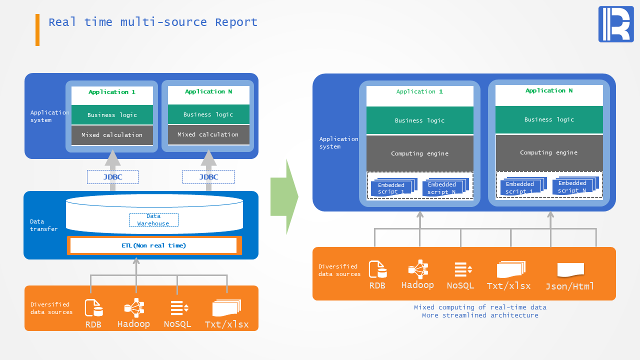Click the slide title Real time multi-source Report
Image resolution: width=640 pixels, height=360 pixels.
point(153,22)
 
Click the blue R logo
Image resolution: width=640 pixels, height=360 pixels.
point(616,24)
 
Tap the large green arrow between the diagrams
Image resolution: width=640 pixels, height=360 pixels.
point(284,197)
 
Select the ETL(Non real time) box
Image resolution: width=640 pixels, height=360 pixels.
point(154,245)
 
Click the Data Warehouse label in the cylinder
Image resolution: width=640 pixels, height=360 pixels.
point(153,220)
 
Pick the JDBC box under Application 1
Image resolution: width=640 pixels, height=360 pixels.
point(112,177)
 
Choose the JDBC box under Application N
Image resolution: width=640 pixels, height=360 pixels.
point(208,177)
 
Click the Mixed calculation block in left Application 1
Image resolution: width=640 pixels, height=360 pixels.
point(112,135)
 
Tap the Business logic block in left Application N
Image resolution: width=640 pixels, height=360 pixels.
point(208,114)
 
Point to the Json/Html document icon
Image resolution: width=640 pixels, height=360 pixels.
point(570,270)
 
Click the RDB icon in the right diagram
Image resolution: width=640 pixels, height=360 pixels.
point(377,269)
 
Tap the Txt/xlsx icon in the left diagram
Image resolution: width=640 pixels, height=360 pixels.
point(226,308)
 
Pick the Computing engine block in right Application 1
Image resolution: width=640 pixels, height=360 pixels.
point(420,153)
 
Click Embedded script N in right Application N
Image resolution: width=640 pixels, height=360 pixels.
point(572,187)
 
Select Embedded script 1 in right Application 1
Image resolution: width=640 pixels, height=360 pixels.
point(391,188)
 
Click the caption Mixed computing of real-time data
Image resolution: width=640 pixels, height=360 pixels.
point(480,307)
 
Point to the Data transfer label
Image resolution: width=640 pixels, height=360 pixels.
point(43,225)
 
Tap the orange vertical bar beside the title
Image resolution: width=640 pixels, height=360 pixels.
point(37,30)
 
